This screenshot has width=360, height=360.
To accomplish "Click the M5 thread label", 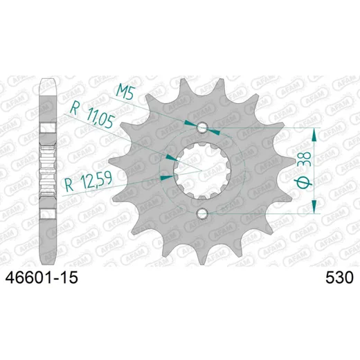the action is coord(125,91).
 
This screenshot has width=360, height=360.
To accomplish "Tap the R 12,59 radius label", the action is coord(89,182).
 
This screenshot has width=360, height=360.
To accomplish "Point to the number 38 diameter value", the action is coord(306,159).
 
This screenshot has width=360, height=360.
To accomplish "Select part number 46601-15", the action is coord(42,278).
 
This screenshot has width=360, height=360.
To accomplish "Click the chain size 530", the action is coord(339,278).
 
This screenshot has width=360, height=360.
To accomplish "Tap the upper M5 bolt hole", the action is coord(202,127).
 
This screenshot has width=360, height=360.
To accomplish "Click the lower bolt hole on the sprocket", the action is coord(202,214).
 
